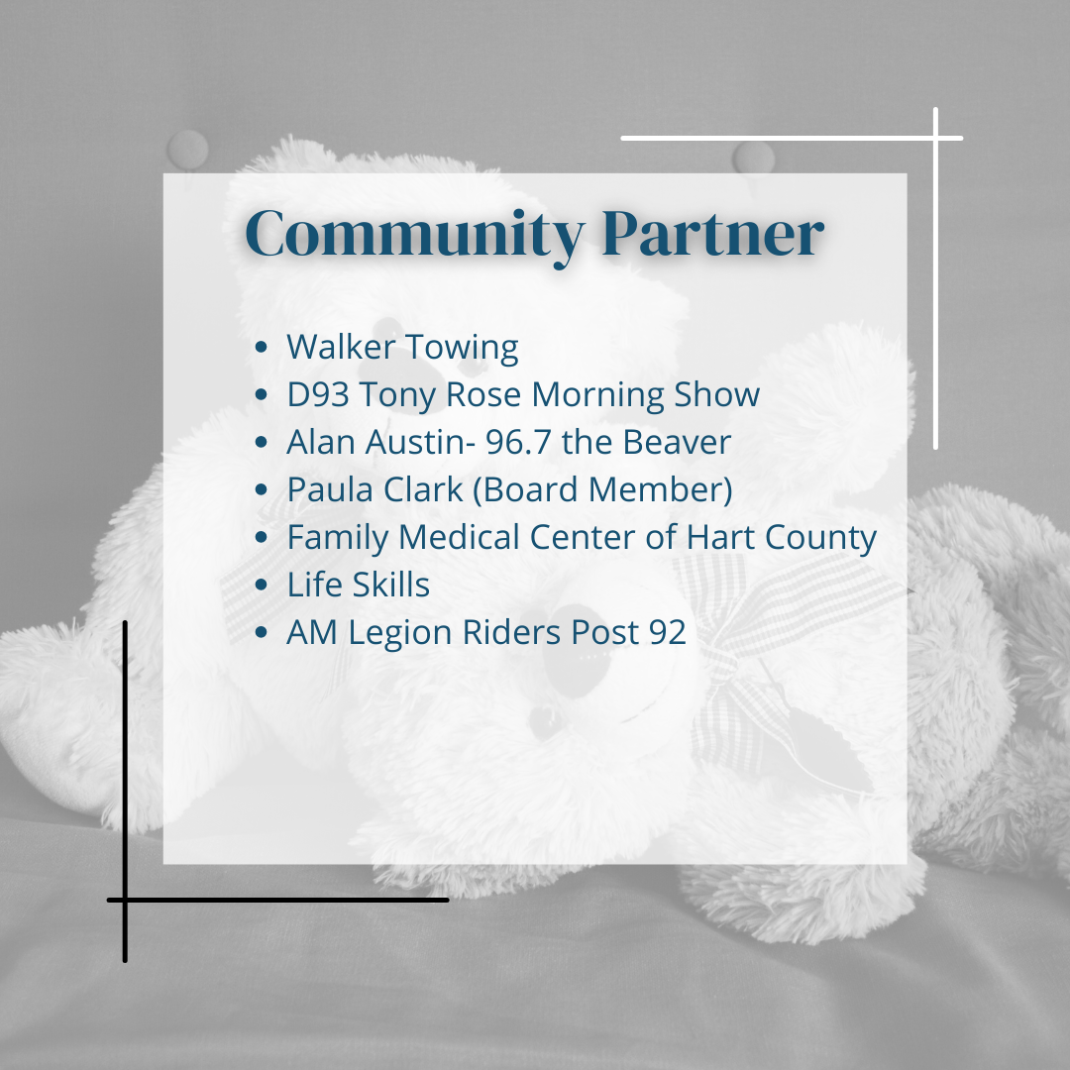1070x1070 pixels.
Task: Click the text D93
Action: point(318,393)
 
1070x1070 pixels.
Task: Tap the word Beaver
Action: point(677,442)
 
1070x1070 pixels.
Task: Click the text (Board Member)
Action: point(602,490)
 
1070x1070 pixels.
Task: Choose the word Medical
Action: point(460,536)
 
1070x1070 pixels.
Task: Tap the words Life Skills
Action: point(359,585)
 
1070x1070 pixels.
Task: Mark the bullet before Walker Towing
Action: point(261,347)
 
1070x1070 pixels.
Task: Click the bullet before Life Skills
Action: point(261,585)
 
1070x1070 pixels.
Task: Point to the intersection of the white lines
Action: point(935,138)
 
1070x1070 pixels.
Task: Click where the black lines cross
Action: point(125,900)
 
